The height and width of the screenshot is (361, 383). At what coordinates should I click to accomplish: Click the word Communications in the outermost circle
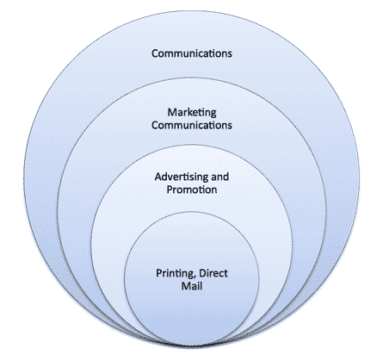pos(192,53)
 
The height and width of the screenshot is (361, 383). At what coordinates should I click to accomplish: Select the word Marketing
pos(192,112)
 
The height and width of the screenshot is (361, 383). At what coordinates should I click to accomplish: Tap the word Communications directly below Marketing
pos(192,125)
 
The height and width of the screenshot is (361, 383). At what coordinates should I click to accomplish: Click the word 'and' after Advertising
pos(220,177)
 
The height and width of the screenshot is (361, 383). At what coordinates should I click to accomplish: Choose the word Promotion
pos(192,190)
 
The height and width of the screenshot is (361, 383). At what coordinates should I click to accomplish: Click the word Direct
pos(213,273)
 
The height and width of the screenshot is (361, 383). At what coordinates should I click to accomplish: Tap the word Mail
pos(192,286)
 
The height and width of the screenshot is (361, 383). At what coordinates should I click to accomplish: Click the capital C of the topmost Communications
pos(155,53)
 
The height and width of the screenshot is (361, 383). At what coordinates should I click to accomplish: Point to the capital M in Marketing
pos(172,112)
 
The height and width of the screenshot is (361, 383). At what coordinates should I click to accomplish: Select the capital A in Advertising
pos(158,177)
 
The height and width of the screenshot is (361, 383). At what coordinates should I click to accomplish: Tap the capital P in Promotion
pos(170,190)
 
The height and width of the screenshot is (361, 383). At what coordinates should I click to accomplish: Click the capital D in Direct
pos(202,273)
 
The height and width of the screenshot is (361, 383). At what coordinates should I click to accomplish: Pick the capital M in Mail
pos(186,286)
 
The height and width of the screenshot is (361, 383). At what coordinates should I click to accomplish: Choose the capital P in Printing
pos(159,273)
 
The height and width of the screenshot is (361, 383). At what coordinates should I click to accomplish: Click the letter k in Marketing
pos(188,112)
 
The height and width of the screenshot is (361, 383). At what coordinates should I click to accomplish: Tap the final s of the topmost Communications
pos(230,54)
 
